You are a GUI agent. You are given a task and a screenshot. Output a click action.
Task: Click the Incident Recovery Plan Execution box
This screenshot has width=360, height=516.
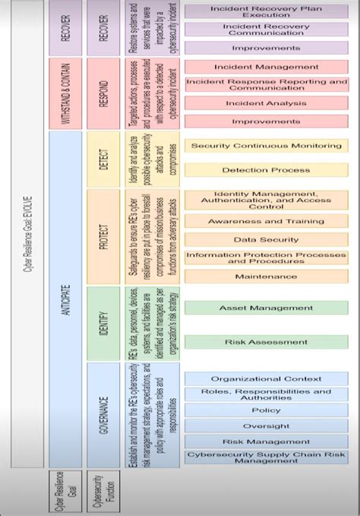coord(266,11)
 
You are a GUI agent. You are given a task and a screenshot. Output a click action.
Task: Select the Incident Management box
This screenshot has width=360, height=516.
coord(266,66)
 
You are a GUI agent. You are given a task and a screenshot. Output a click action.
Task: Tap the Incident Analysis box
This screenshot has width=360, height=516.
coord(266,103)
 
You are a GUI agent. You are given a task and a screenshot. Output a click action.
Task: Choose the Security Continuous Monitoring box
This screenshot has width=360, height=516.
coord(266,145)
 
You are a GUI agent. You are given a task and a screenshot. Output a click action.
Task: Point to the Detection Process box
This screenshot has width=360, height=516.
coord(266,170)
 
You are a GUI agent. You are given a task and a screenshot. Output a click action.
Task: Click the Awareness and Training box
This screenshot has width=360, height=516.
coord(266,221)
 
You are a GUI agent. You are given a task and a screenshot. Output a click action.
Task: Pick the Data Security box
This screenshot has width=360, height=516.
coord(266,239)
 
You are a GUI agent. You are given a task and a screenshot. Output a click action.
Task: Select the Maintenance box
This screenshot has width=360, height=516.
coord(266,276)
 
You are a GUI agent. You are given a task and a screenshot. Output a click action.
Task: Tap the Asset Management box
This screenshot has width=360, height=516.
coord(266,308)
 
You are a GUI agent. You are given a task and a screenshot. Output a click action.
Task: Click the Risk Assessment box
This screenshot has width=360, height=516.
coord(266,342)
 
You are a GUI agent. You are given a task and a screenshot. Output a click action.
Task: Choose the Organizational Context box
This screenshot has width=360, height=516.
coord(266,378)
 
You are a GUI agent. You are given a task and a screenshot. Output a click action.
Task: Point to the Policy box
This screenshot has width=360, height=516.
coord(266,410)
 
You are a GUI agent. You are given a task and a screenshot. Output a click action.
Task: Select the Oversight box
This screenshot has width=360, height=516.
coord(266,426)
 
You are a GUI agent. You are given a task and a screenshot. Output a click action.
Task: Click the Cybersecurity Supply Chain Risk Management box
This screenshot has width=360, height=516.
coord(266,457)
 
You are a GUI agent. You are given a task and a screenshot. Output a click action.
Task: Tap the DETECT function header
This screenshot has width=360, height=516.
coord(104,159)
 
